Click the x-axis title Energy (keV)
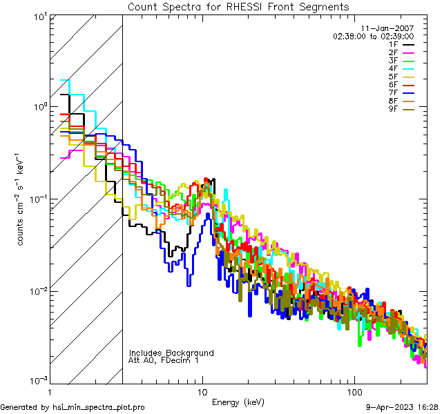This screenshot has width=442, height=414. pyautogui.click(x=238, y=402)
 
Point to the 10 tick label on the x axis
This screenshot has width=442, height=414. pyautogui.click(x=202, y=391)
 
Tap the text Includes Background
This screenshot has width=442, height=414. pyautogui.click(x=171, y=353)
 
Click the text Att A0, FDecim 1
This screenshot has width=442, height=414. pyautogui.click(x=164, y=361)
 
